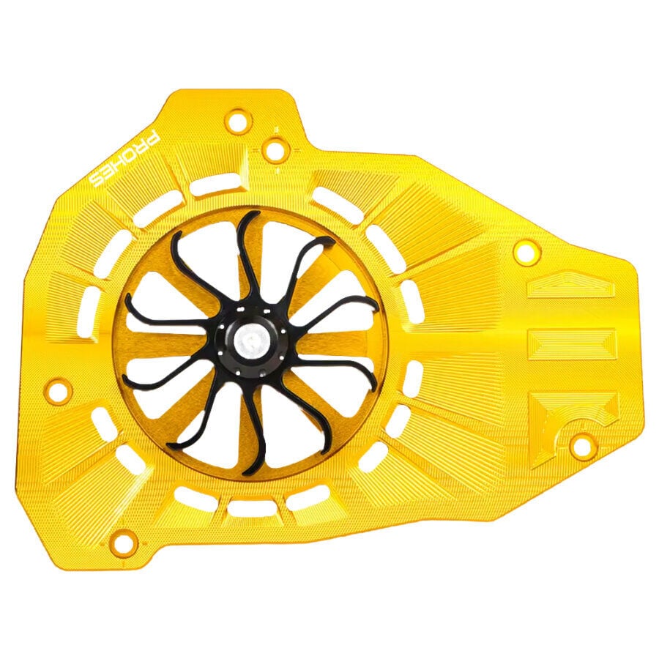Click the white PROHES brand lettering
(125, 160)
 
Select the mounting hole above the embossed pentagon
(526, 253)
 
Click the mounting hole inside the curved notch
(580, 445)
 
